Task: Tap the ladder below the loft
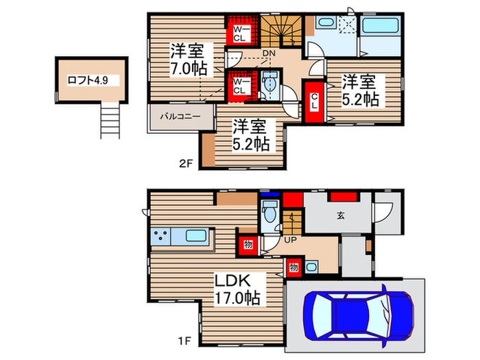click(110, 118)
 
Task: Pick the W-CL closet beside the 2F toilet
click(239, 86)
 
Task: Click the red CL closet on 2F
click(313, 104)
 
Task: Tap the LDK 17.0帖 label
click(237, 290)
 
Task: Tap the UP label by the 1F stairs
click(290, 240)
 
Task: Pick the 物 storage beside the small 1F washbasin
click(293, 266)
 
